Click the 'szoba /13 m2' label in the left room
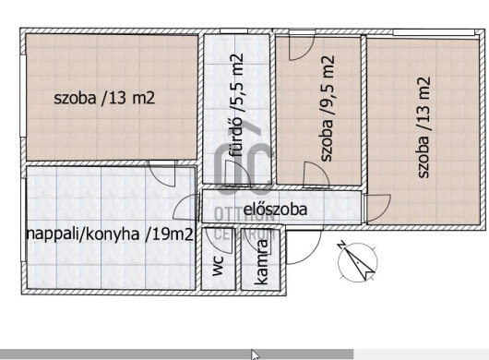pos(104,98)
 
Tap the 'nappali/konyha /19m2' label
pos(110,234)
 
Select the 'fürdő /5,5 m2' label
pos(236,105)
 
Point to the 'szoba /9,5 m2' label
pos(328,109)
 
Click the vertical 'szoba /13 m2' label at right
pos(423,127)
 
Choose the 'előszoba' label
pos(275,210)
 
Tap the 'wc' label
pos(218,266)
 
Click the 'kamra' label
pos(261,262)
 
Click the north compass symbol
pos(357,261)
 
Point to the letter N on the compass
pos(341,245)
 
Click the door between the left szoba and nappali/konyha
pos(162,174)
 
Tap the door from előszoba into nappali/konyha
pos(186,207)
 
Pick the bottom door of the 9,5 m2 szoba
pos(316,174)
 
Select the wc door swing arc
pos(220,241)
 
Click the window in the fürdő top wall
pos(234,30)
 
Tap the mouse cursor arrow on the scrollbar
pos(255,355)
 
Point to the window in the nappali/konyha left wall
pos(23,220)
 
